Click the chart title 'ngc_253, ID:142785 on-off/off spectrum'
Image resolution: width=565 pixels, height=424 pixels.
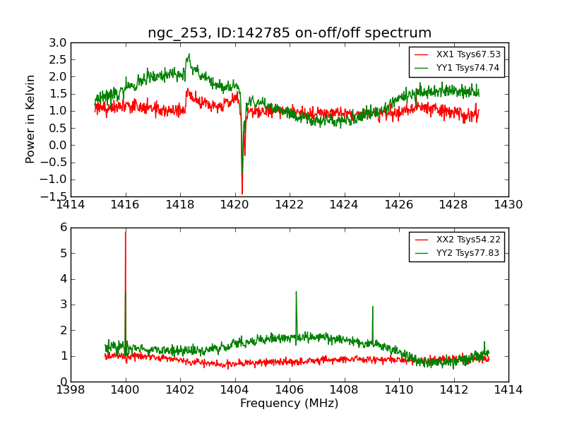pyautogui.click(x=290, y=33)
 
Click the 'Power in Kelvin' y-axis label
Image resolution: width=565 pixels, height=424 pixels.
pyautogui.click(x=30, y=119)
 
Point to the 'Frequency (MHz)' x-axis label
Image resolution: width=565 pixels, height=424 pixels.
pyautogui.click(x=290, y=404)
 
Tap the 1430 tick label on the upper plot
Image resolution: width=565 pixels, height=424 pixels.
pyautogui.click(x=508, y=205)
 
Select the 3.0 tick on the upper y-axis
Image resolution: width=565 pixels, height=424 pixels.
pyautogui.click(x=58, y=42)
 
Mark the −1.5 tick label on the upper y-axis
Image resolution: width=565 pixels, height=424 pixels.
pyautogui.click(x=54, y=196)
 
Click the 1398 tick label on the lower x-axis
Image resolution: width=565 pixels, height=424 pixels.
pyautogui.click(x=71, y=390)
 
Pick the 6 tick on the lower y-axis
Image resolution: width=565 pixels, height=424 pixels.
pyautogui.click(x=63, y=228)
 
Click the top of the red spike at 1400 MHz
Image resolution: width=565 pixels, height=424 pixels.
pyautogui.click(x=126, y=232)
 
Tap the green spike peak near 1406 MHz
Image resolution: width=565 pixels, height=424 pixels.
pyautogui.click(x=296, y=292)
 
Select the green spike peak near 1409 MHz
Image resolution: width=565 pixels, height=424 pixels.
pyautogui.click(x=372, y=307)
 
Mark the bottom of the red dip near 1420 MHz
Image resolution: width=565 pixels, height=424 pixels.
pyautogui.click(x=242, y=194)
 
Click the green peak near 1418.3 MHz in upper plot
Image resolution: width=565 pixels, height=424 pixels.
pyautogui.click(x=189, y=54)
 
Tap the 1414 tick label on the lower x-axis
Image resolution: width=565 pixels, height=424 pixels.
pyautogui.click(x=508, y=390)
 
